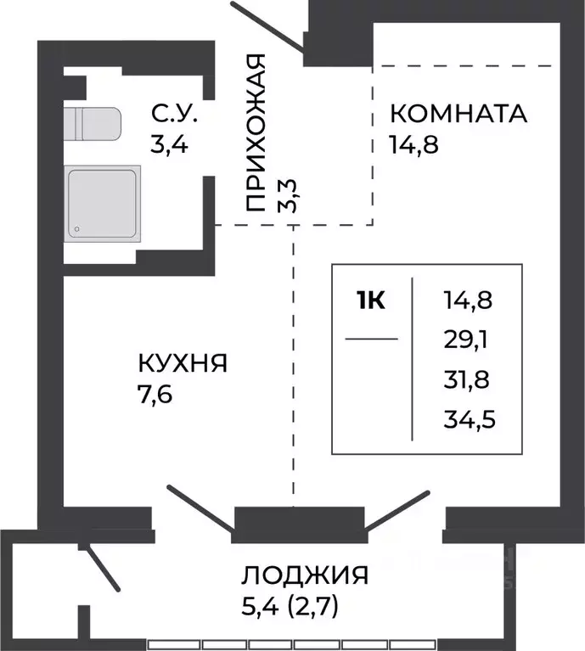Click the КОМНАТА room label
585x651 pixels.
458,113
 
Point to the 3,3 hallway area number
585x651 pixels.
291,196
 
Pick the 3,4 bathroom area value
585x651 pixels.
169,143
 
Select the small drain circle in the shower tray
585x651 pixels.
77,228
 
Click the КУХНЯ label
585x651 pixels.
182,364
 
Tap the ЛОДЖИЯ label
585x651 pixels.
305,575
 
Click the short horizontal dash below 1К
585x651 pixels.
371,339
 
